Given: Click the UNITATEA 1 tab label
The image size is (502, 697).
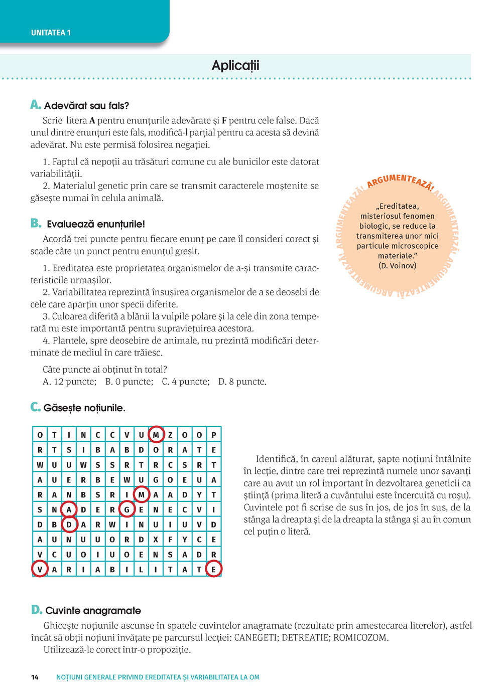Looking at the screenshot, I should [x=51, y=33].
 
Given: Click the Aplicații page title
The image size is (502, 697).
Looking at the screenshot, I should [x=235, y=66].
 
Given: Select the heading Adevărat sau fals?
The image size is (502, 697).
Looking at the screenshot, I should [x=86, y=106].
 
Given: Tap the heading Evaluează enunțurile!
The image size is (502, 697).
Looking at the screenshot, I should [x=95, y=224].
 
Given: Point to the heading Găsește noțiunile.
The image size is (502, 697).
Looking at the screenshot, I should [x=84, y=408].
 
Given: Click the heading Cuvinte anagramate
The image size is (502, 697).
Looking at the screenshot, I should [x=93, y=610].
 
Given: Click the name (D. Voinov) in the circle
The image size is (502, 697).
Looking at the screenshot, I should [x=398, y=266].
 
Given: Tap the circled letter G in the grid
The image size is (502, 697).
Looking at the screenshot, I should [x=127, y=509].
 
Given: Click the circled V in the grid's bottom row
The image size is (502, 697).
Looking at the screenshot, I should [x=40, y=569].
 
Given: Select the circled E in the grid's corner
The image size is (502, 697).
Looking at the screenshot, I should [x=213, y=569].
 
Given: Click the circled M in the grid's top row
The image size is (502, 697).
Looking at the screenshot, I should [x=156, y=435].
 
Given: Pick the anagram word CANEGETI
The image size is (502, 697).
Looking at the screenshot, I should [x=256, y=638].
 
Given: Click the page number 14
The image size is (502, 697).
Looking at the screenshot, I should [x=35, y=677].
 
